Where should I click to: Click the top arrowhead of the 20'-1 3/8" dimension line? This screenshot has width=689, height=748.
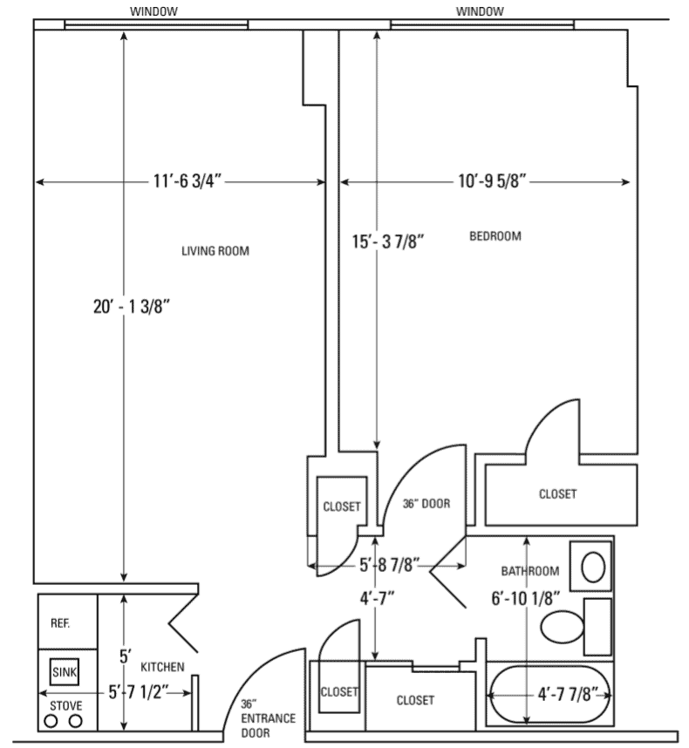click(124, 32)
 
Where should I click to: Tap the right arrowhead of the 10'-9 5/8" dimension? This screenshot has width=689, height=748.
click(629, 181)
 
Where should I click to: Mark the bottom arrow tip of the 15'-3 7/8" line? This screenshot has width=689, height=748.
click(377, 448)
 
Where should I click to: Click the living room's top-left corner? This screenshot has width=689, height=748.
click(34, 31)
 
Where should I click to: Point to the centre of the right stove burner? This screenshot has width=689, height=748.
click(75, 721)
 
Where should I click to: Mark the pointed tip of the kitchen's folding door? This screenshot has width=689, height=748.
click(169, 622)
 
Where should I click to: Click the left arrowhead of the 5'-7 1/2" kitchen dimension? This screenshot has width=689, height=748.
click(40, 693)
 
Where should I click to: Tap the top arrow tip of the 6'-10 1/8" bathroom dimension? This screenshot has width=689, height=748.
click(527, 538)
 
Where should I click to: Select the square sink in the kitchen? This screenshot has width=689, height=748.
click(64, 671)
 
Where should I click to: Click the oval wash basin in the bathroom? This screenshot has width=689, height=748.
click(593, 568)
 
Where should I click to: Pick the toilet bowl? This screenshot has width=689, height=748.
click(562, 626)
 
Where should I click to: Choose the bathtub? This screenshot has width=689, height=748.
click(549, 695)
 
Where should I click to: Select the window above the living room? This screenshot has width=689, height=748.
click(156, 24)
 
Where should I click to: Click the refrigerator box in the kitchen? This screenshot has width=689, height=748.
click(68, 622)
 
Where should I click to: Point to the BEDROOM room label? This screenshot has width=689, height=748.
click(495, 236)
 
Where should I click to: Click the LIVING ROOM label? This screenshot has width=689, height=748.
click(215, 251)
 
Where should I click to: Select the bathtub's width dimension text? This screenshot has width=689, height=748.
click(568, 695)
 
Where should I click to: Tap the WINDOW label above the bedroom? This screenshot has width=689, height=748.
click(480, 11)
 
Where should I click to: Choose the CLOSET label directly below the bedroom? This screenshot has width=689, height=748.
click(557, 494)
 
